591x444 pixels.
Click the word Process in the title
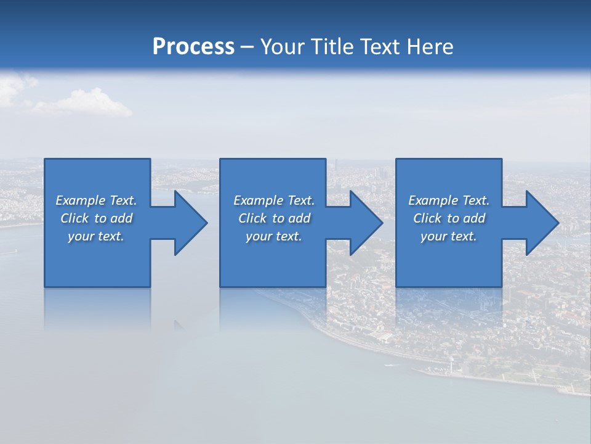coord(193,46)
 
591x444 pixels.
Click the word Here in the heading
coord(429,46)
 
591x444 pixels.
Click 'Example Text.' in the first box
coord(96,200)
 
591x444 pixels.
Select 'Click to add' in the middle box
coord(274,218)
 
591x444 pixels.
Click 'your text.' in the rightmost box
coord(448,236)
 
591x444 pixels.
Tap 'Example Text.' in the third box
coord(448,200)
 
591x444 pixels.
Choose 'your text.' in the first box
coord(96,236)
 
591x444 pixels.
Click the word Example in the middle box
coord(258,200)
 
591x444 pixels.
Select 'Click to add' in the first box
coord(96,218)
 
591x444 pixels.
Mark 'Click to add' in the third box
coord(449,218)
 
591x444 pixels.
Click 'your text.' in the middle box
coord(274,236)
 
